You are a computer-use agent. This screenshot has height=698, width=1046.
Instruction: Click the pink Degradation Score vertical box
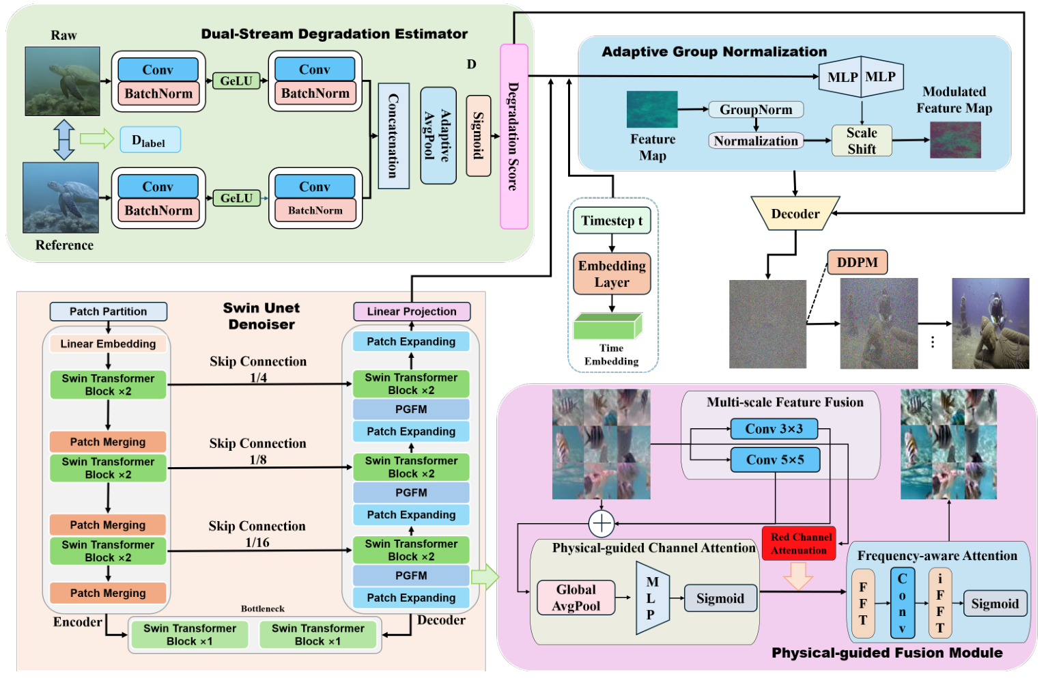click(x=513, y=137)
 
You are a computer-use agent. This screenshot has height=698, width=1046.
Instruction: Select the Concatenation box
click(x=393, y=136)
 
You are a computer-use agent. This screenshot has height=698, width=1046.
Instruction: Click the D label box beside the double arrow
click(x=150, y=140)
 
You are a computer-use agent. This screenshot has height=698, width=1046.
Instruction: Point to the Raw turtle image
click(x=62, y=81)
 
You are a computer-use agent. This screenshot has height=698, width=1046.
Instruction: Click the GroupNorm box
click(x=756, y=109)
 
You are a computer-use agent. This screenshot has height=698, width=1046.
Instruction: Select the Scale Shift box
click(x=862, y=141)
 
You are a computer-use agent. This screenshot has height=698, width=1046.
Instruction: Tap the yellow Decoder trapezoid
click(x=795, y=214)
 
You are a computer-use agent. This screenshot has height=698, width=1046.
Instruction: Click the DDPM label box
click(x=857, y=262)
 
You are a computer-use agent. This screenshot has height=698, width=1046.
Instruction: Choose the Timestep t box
click(x=612, y=221)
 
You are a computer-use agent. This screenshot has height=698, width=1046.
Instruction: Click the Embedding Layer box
click(x=612, y=274)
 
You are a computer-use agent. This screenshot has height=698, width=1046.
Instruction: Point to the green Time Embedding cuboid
click(x=608, y=326)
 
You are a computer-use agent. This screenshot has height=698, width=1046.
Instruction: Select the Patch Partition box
click(x=108, y=311)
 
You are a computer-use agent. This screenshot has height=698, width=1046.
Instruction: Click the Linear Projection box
click(x=411, y=311)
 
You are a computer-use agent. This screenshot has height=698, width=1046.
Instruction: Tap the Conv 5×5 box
click(x=775, y=460)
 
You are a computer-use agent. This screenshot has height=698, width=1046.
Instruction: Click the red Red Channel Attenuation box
click(x=799, y=544)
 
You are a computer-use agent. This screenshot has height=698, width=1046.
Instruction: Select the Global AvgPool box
click(x=576, y=598)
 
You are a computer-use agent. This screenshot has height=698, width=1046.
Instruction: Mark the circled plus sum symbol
click(x=602, y=523)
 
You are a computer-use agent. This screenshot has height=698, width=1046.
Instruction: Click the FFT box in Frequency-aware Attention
click(x=863, y=604)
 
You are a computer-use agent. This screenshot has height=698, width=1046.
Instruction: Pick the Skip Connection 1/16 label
click(x=257, y=534)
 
